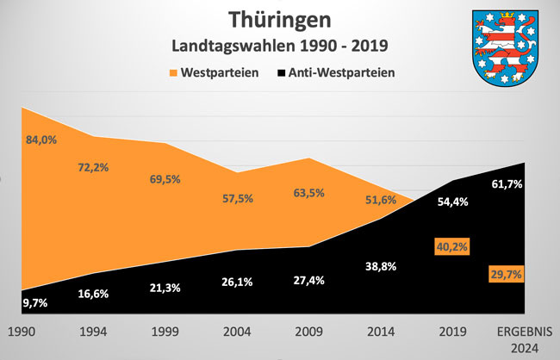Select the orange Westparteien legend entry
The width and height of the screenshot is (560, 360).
point(209,72)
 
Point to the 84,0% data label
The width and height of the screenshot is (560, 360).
point(41,140)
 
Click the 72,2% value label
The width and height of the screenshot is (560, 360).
point(92,167)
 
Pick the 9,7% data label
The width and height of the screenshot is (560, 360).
point(36,304)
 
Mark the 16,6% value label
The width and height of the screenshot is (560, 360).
point(93,295)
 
